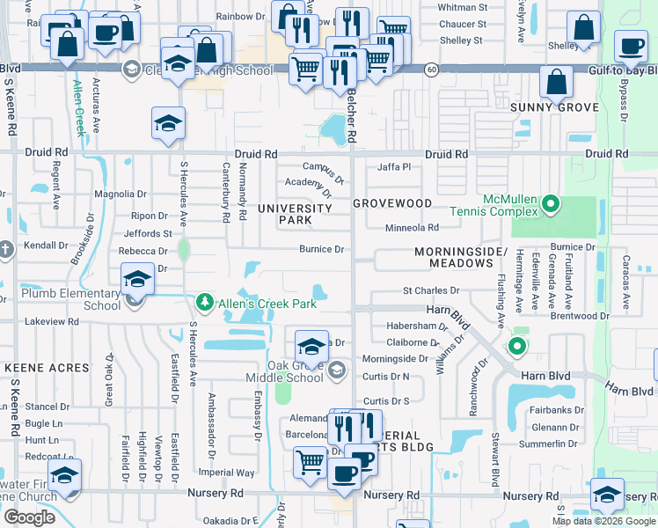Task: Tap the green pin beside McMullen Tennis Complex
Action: pyautogui.click(x=551, y=205)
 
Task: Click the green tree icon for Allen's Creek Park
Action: pyautogui.click(x=204, y=304)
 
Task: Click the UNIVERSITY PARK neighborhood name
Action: pyautogui.click(x=295, y=214)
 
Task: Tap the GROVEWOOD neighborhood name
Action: pyautogui.click(x=392, y=203)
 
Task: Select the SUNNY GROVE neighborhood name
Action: pyautogui.click(x=555, y=107)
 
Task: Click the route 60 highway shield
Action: pyautogui.click(x=431, y=69)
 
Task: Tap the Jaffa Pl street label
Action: pyautogui.click(x=394, y=166)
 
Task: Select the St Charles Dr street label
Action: pyautogui.click(x=431, y=290)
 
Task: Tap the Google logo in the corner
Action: pyautogui.click(x=29, y=517)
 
